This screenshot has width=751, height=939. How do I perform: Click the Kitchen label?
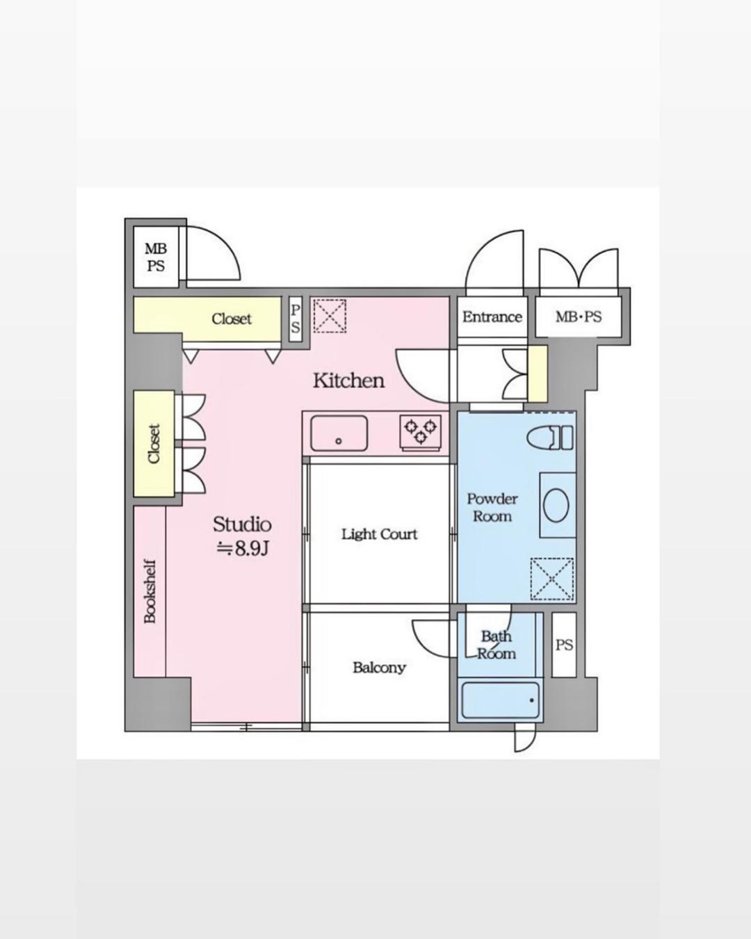pyautogui.click(x=348, y=380)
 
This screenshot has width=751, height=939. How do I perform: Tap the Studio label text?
pyautogui.click(x=242, y=524)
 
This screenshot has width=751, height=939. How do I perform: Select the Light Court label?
pyautogui.click(x=379, y=534)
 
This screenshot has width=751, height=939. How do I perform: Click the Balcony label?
pyautogui.click(x=379, y=667)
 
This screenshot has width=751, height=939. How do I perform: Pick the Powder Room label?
pyautogui.click(x=492, y=508)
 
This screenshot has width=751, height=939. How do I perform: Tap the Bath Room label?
pyautogui.click(x=496, y=645)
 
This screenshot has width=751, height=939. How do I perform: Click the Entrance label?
pyautogui.click(x=492, y=316)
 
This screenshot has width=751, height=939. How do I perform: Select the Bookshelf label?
pyautogui.click(x=150, y=591)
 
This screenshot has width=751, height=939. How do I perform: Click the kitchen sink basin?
pyautogui.click(x=339, y=433)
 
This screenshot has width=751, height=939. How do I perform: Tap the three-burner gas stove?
pyautogui.click(x=420, y=431)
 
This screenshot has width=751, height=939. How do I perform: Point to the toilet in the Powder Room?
pyautogui.click(x=550, y=438)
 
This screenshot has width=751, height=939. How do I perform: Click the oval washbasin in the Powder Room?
pyautogui.click(x=556, y=505)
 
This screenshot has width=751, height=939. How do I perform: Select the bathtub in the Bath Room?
pyautogui.click(x=501, y=700)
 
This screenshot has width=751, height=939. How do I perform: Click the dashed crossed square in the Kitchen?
pyautogui.click(x=330, y=316)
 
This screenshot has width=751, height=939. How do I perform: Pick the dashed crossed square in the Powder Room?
pyautogui.click(x=551, y=579)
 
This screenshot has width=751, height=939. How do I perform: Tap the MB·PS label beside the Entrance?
pyautogui.click(x=579, y=316)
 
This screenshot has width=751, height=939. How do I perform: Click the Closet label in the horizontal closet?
pyautogui.click(x=232, y=319)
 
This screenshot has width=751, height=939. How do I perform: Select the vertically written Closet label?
pyautogui.click(x=154, y=443)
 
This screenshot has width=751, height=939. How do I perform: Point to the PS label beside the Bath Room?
pyautogui.click(x=564, y=645)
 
